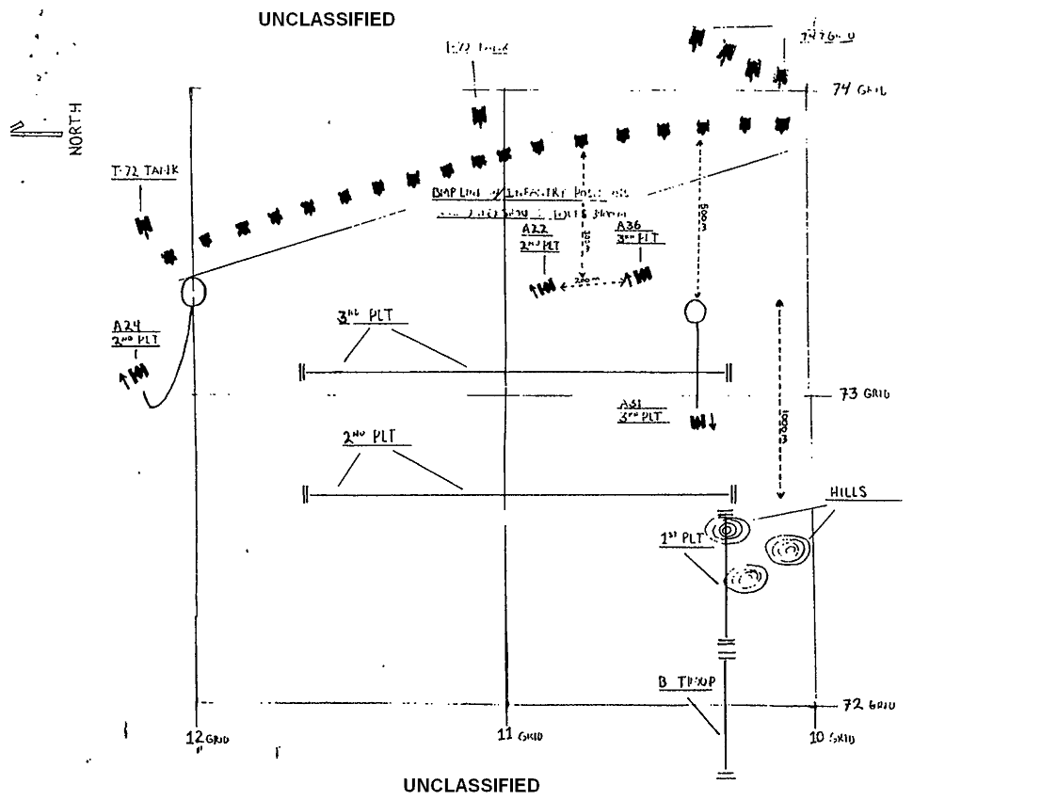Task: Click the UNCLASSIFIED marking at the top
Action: coord(327,20)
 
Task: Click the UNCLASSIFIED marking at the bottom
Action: coord(472,785)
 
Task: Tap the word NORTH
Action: coord(76,128)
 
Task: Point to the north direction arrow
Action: coord(30,129)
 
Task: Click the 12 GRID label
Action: coord(207,737)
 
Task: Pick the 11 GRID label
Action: coord(518,735)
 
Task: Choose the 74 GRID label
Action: coord(859,90)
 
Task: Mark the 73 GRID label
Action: coord(864,394)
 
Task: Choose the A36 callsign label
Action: coord(629,227)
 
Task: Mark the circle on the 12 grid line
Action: coord(193,292)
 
